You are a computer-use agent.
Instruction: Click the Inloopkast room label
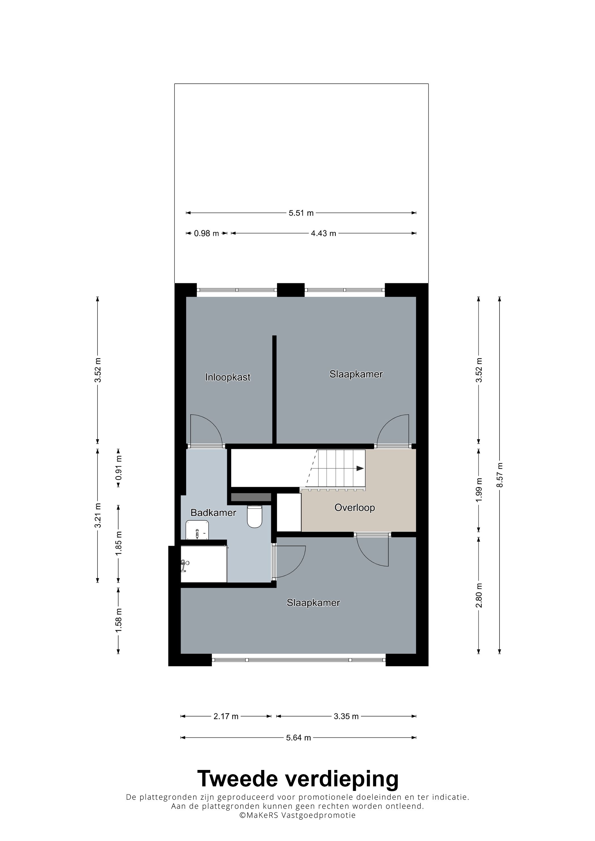(x=228, y=377)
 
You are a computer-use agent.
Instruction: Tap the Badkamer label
(x=213, y=513)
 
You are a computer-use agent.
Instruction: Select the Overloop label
(x=354, y=508)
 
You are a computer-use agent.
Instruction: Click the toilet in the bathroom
(x=254, y=517)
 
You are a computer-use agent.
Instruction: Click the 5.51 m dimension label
(x=301, y=213)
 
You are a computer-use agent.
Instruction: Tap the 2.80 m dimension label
(x=479, y=595)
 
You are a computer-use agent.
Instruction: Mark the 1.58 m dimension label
(x=118, y=620)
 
